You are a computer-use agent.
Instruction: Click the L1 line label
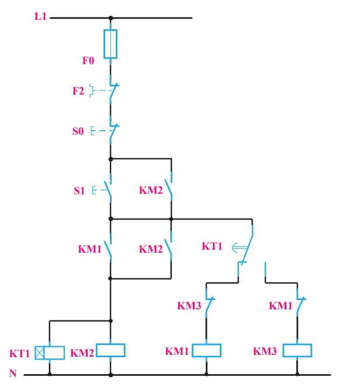click(x=40, y=16)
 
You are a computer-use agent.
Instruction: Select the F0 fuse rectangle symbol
click(x=110, y=44)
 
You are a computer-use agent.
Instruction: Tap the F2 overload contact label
click(x=78, y=91)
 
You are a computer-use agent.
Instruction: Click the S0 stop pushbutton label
click(x=78, y=131)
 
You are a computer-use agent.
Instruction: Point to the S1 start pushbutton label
click(x=79, y=191)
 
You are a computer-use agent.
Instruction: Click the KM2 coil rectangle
click(x=110, y=350)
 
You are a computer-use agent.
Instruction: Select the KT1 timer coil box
click(x=50, y=353)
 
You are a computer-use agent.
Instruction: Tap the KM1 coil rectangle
click(x=206, y=350)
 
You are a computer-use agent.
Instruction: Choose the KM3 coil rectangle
click(x=297, y=350)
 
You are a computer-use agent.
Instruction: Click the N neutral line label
click(x=13, y=373)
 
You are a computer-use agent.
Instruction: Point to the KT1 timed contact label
click(x=212, y=246)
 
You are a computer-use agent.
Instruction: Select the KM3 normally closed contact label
click(x=189, y=305)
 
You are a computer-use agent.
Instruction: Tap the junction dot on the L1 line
click(x=110, y=18)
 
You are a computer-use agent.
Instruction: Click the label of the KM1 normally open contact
click(x=89, y=249)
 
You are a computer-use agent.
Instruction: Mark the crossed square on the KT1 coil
click(x=40, y=353)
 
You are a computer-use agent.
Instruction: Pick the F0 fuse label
click(x=88, y=61)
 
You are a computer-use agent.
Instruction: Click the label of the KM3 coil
click(x=265, y=351)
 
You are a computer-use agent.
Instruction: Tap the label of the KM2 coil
click(x=82, y=353)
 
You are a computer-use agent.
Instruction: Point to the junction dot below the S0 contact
click(x=110, y=159)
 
